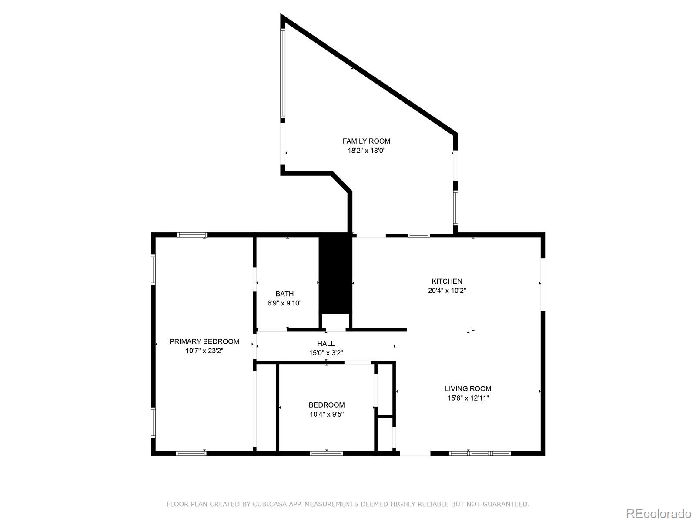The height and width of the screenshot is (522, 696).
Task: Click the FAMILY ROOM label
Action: pyautogui.click(x=366, y=141)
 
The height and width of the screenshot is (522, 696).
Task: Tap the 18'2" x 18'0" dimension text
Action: pyautogui.click(x=366, y=151)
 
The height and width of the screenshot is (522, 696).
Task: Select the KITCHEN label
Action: pyautogui.click(x=447, y=281)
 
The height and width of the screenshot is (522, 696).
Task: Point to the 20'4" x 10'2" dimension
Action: pyautogui.click(x=447, y=291)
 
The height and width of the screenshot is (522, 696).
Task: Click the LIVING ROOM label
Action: pyautogui.click(x=468, y=388)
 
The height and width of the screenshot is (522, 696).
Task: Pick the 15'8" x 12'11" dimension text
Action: pyautogui.click(x=468, y=398)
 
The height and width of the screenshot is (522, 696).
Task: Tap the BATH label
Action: pyautogui.click(x=284, y=294)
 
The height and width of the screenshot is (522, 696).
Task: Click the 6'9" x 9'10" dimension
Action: pyautogui.click(x=284, y=303)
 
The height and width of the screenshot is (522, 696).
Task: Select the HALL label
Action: pyautogui.click(x=326, y=344)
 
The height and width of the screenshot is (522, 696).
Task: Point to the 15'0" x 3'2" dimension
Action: pyautogui.click(x=326, y=353)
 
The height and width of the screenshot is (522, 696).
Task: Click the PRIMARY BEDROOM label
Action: pyautogui.click(x=204, y=341)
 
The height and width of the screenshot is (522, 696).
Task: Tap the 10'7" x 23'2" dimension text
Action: pyautogui.click(x=204, y=351)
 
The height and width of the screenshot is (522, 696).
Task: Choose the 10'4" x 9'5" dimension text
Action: pyautogui.click(x=327, y=415)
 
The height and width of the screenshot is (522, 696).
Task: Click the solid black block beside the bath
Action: pyautogui.click(x=335, y=274)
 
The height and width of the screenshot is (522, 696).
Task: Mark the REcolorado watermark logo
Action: pyautogui.click(x=658, y=514)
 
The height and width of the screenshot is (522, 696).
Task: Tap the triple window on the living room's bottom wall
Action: pyautogui.click(x=479, y=453)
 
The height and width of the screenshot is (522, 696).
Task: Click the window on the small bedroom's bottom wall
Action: pyautogui.click(x=326, y=453)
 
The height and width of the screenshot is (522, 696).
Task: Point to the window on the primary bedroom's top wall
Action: pyautogui.click(x=192, y=235)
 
